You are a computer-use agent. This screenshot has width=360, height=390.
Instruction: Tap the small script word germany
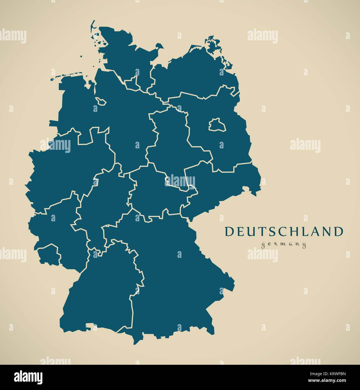pyautogui.click(x=284, y=245)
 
